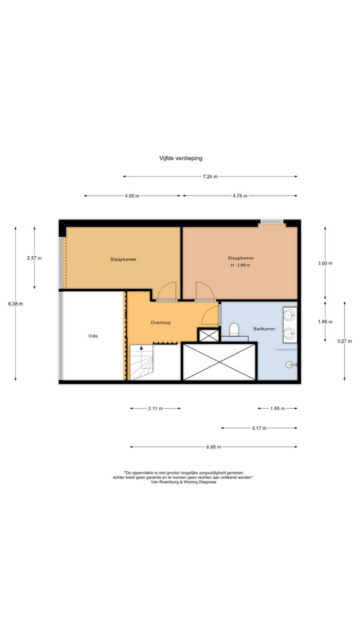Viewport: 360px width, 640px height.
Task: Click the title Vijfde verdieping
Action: pyautogui.click(x=181, y=158)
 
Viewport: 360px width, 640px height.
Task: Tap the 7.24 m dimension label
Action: pyautogui.click(x=210, y=177)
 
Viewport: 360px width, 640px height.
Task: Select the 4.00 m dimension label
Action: pyautogui.click(x=132, y=196)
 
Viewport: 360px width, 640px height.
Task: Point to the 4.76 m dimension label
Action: pyautogui.click(x=240, y=196)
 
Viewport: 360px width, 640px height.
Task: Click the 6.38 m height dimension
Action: pyautogui.click(x=16, y=304)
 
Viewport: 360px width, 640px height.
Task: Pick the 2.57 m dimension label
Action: pyautogui.click(x=34, y=258)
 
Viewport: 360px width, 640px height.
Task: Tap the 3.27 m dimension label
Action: pyautogui.click(x=344, y=341)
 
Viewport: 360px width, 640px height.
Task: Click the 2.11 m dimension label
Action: pyautogui.click(x=155, y=408)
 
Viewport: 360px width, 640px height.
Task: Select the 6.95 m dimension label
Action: pyautogui.click(x=214, y=447)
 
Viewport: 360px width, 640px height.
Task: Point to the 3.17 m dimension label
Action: pyautogui.click(x=259, y=428)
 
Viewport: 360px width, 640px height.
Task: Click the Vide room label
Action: pyautogui.click(x=93, y=336)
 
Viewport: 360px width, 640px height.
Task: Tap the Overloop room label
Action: pyautogui.click(x=161, y=322)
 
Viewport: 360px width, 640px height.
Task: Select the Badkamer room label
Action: pyautogui.click(x=264, y=329)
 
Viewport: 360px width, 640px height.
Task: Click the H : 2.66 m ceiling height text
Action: pyautogui.click(x=241, y=265)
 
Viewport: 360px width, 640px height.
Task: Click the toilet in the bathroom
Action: pyautogui.click(x=234, y=330)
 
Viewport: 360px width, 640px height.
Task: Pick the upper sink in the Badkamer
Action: pyautogui.click(x=290, y=315)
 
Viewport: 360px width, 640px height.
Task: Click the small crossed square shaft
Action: pyautogui.click(x=209, y=335)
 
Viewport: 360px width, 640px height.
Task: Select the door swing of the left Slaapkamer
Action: pyautogui.click(x=166, y=291)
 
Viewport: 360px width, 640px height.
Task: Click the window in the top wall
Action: pyautogui.click(x=272, y=222)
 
